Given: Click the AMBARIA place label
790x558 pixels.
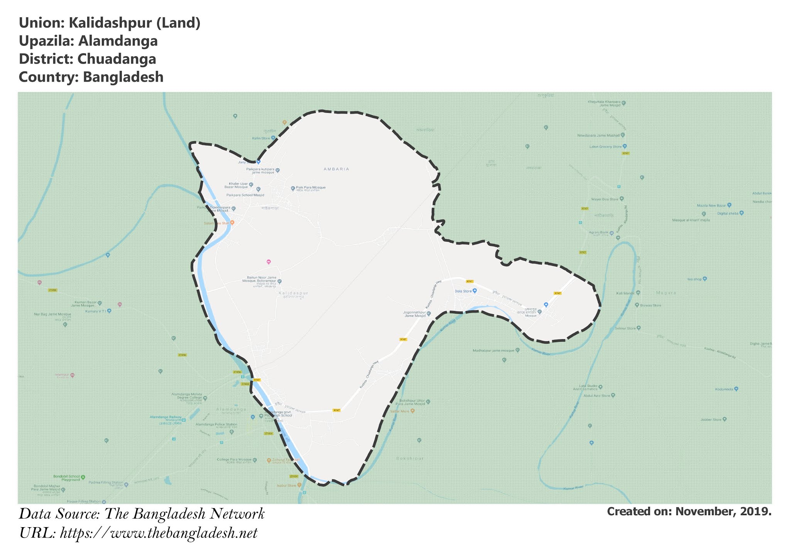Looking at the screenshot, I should click(x=336, y=169).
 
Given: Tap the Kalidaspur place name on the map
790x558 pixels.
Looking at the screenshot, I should click(x=293, y=293).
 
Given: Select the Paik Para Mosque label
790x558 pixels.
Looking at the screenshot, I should click(x=311, y=188).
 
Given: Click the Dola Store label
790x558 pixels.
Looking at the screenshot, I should click(x=463, y=291).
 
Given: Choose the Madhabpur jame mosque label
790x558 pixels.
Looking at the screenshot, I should click(x=493, y=351).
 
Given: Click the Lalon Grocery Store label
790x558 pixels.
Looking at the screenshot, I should click(x=605, y=147).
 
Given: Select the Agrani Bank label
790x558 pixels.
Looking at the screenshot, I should click(x=598, y=232).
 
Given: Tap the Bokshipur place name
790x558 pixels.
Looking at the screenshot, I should click(x=410, y=459).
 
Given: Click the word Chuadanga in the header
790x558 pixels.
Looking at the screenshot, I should click(x=116, y=59).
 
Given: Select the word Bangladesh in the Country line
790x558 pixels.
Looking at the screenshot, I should click(x=123, y=77).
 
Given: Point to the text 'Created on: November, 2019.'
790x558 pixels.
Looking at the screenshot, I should click(x=689, y=511).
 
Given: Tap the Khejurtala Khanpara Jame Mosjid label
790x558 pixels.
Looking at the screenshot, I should click(x=604, y=103).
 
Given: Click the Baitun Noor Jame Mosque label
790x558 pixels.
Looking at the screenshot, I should click(x=262, y=279).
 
